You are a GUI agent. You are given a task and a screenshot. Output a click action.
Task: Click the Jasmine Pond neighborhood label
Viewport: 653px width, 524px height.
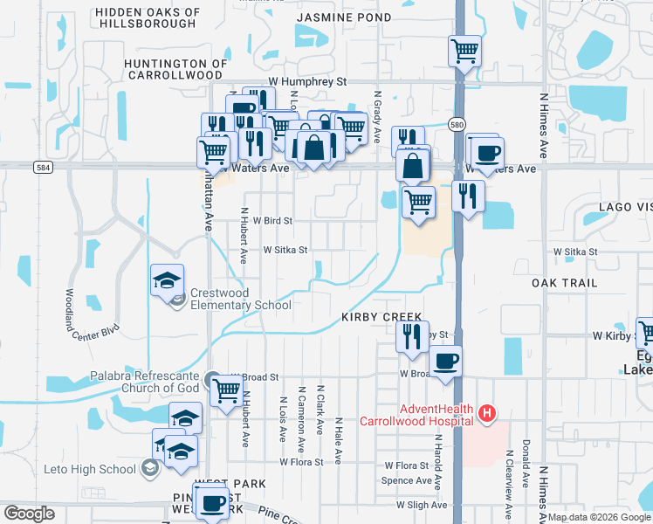tap(344, 17)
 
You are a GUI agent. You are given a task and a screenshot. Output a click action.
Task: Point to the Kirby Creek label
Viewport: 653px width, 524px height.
tap(381, 317)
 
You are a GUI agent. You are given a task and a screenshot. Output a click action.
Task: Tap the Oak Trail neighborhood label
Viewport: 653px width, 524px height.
tap(565, 283)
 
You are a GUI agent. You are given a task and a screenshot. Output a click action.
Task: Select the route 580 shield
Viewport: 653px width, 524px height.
tap(457, 126)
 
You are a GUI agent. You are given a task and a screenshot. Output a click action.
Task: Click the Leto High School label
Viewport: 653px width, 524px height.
tap(90, 469)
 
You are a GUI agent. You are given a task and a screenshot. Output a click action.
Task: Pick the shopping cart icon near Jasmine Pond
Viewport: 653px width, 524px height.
tap(464, 51)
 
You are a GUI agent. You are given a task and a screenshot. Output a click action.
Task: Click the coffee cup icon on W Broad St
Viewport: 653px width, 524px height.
tap(445, 361)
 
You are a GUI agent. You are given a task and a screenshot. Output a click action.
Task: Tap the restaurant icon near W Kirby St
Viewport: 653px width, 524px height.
tap(411, 335)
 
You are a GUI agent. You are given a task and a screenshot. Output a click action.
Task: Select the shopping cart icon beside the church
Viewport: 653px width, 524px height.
tap(227, 390)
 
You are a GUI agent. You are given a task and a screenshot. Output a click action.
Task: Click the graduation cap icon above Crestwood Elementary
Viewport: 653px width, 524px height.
tap(167, 280)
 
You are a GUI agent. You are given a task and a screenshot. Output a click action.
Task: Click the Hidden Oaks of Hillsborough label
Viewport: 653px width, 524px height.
tap(147, 17)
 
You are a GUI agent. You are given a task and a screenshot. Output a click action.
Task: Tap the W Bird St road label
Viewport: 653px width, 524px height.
tap(272, 222)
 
